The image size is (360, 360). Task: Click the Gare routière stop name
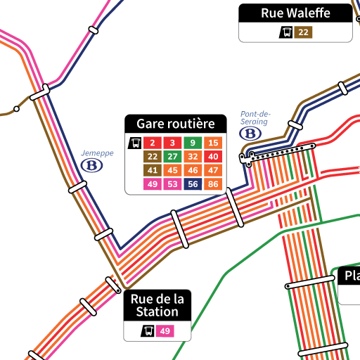pos(175,124)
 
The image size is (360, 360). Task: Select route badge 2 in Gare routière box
pos(152,143)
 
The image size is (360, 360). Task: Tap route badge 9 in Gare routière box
pos(193,143)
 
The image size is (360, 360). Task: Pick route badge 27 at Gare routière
pos(172,157)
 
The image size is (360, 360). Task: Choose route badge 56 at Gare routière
pos(193,184)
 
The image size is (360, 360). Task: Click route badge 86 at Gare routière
pos(213,184)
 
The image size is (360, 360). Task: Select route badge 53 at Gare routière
pos(172,184)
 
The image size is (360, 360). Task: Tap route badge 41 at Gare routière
pos(152,170)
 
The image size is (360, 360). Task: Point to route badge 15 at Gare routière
pos(213,143)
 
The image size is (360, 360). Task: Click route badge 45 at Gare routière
pos(172,170)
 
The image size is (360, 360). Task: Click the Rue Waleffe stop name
pos(295,13)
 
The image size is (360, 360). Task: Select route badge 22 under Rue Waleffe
pos(303,32)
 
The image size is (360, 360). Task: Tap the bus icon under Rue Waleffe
pos(287,32)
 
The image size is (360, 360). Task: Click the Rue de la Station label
pos(157,304)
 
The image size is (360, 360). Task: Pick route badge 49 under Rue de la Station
pos(165,331)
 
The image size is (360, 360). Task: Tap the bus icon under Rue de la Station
pos(148,331)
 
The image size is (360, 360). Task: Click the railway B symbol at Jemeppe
pos(91,165)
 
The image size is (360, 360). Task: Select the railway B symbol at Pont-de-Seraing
pos(251,132)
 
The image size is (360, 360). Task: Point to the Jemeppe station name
pos(97,153)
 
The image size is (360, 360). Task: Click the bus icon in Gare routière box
pos(134,143)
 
